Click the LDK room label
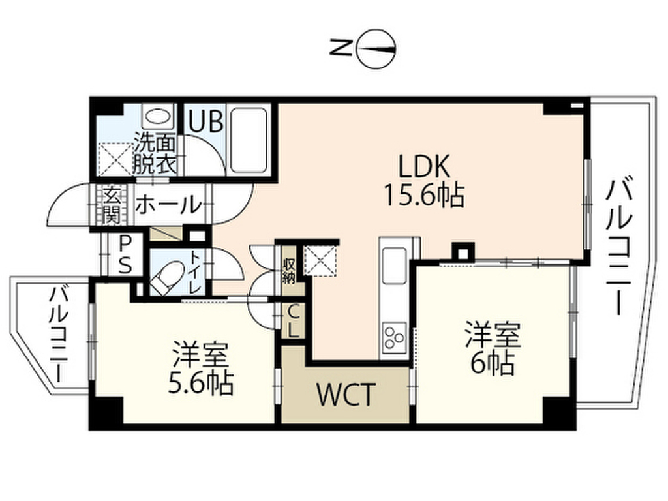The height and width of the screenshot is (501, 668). (x=424, y=168)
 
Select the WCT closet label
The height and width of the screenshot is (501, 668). (x=346, y=395)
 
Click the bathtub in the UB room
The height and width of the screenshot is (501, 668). (x=249, y=139)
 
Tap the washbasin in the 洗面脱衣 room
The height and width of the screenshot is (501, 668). (x=157, y=117)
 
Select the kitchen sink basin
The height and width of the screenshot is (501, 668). (x=394, y=266)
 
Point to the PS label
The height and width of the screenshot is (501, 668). (x=125, y=254)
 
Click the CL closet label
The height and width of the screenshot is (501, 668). (x=293, y=321)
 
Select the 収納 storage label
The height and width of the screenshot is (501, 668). (x=289, y=269)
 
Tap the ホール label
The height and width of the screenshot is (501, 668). (x=168, y=205)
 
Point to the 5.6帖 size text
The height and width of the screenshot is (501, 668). (x=201, y=384)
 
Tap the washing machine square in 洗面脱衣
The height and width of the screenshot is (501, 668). (x=114, y=159)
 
